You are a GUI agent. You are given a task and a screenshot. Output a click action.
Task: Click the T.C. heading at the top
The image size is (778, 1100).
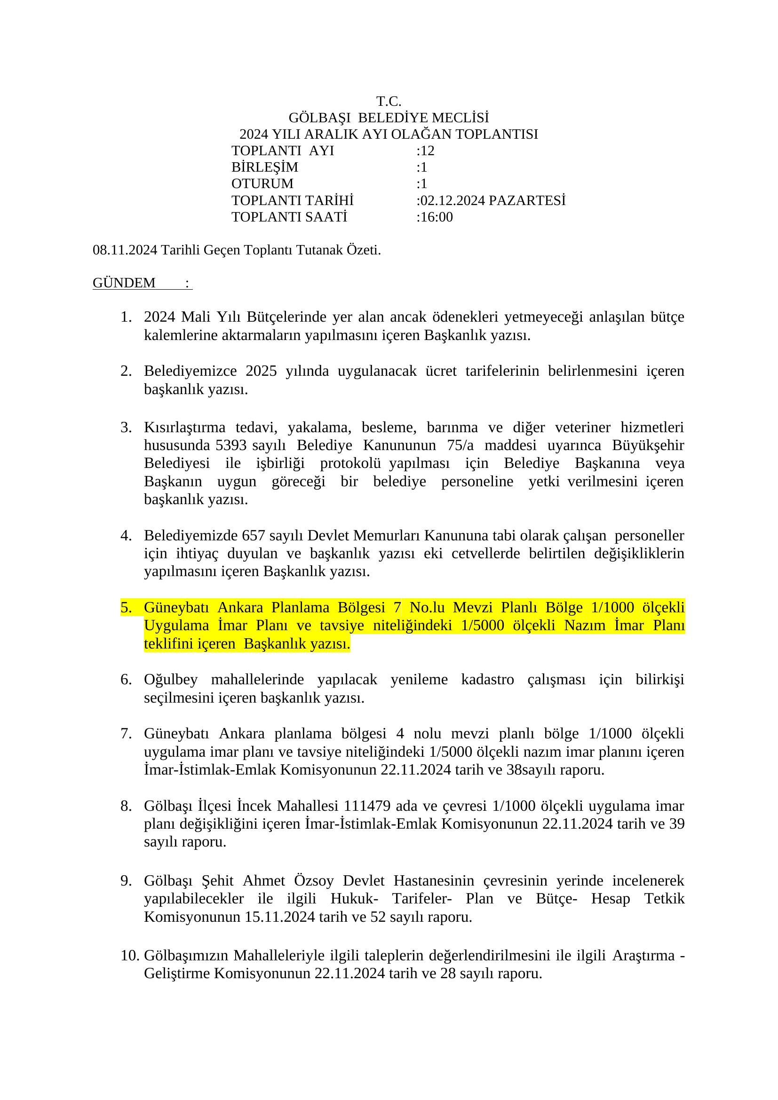tap(389, 102)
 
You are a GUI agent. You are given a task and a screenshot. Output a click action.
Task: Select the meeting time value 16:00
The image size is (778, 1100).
tap(436, 217)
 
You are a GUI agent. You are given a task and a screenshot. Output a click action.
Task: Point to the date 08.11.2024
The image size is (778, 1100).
tap(125, 250)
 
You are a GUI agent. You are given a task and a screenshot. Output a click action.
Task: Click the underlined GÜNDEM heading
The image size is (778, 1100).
tap(124, 283)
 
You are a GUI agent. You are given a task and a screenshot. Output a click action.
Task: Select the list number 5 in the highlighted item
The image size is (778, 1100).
tap(126, 608)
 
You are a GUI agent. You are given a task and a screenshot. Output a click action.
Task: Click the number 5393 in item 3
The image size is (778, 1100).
tap(231, 445)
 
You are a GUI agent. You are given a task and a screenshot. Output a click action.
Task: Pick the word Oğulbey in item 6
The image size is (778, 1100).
tap(171, 680)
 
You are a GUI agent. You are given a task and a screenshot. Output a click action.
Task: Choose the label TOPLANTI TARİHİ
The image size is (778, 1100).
tap(292, 201)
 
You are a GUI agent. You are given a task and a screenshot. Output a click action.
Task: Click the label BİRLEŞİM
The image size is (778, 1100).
tap(264, 167)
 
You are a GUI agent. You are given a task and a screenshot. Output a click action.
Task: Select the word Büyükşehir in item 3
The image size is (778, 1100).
tap(648, 445)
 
